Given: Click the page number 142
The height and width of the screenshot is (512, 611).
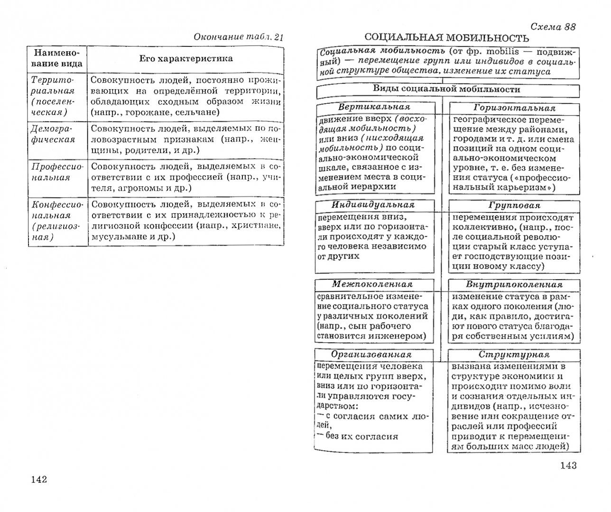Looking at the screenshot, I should pos(39,479).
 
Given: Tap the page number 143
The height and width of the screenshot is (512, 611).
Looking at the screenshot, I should pos(568,465).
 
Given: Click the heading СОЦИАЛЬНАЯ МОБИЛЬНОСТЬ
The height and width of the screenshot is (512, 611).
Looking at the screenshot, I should pos(446,38).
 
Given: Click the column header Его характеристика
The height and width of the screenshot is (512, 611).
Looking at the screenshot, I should pos(185,59).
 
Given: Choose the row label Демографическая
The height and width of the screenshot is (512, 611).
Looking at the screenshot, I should pos(53,134).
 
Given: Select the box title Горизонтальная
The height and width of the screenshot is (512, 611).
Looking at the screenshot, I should pos(514,108).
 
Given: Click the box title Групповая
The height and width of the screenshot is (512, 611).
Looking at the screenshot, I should pos(514,206).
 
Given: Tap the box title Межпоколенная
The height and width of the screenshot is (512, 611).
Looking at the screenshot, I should pos(372,284).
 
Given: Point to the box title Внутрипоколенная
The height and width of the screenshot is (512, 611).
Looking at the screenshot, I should pos(514,284).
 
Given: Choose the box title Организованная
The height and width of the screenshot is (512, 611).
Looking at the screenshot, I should pos(371,354).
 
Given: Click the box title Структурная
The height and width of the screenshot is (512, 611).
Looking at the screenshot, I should pos(514,355).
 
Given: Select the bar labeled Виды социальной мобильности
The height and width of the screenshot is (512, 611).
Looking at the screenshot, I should pos(446,89).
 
